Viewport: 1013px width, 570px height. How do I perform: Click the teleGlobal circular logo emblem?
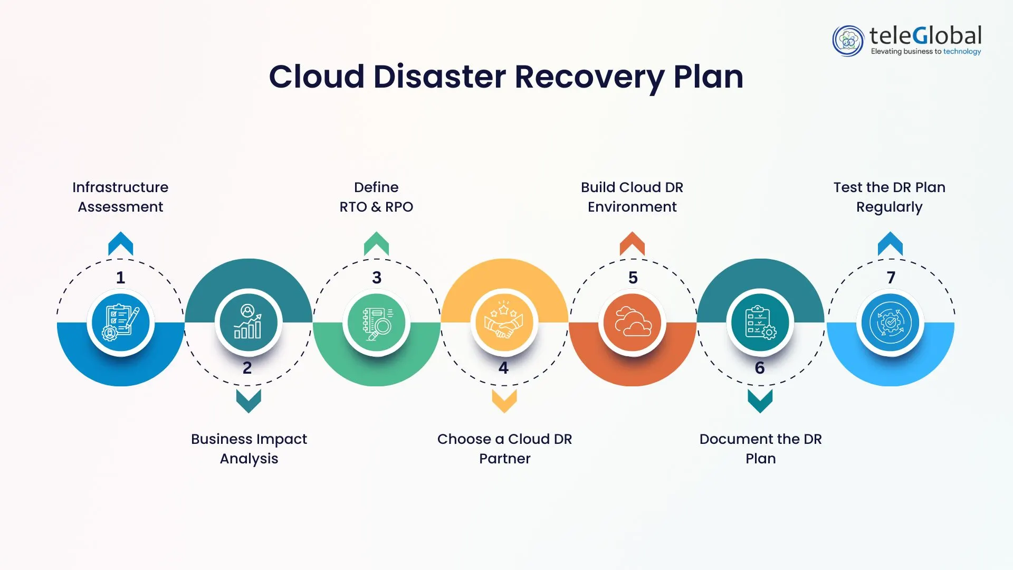(x=848, y=41)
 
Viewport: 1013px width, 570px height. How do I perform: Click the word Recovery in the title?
(x=589, y=77)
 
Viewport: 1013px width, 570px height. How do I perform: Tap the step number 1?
(x=120, y=278)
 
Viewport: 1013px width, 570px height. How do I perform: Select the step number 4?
(x=503, y=368)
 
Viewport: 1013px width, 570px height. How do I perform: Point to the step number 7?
(x=891, y=278)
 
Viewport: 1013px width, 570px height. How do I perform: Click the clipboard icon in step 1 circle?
(x=120, y=322)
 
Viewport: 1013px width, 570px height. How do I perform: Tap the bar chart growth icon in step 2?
(x=248, y=322)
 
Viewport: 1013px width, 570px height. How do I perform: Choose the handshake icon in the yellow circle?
(x=504, y=322)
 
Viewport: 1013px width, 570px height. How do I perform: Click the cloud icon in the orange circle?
(x=632, y=322)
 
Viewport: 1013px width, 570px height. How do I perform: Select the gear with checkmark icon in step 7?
(x=890, y=322)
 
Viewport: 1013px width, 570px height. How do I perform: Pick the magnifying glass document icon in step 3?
(x=376, y=322)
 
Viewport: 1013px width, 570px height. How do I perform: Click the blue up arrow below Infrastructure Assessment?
(x=120, y=244)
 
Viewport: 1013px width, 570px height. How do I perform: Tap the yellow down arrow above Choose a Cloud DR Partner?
(x=504, y=401)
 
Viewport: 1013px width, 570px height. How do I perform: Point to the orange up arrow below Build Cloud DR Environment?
(x=632, y=244)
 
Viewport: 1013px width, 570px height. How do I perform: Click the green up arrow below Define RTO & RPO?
(x=376, y=244)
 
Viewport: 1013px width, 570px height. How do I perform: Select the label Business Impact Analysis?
(x=249, y=449)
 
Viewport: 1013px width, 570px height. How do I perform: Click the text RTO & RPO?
(x=376, y=207)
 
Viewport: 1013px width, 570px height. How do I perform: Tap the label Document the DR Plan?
(x=760, y=449)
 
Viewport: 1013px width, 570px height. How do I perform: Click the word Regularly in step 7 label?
(x=889, y=207)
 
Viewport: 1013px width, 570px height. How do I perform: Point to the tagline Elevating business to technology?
(x=925, y=52)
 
